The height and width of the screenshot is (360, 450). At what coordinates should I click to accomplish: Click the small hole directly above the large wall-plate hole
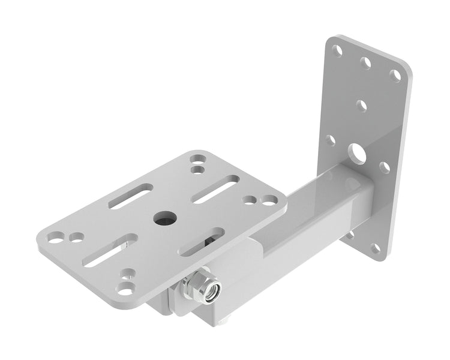tap(361, 106)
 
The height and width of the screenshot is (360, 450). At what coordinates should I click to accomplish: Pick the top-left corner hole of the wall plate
tap(338, 50)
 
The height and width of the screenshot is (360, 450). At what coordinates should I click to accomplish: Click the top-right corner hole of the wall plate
tap(395, 75)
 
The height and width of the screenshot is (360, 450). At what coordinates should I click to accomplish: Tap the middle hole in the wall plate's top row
tap(365, 62)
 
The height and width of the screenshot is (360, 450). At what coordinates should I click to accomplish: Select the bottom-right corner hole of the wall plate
tap(376, 248)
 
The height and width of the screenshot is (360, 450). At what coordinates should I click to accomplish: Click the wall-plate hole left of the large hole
tap(331, 140)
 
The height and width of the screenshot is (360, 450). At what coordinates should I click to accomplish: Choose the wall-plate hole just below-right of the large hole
tap(385, 167)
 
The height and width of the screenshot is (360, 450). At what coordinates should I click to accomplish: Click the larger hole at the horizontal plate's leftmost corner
tap(56, 236)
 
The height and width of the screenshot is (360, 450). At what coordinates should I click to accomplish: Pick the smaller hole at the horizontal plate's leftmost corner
tap(76, 238)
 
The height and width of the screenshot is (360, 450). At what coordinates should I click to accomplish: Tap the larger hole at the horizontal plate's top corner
tap(197, 160)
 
